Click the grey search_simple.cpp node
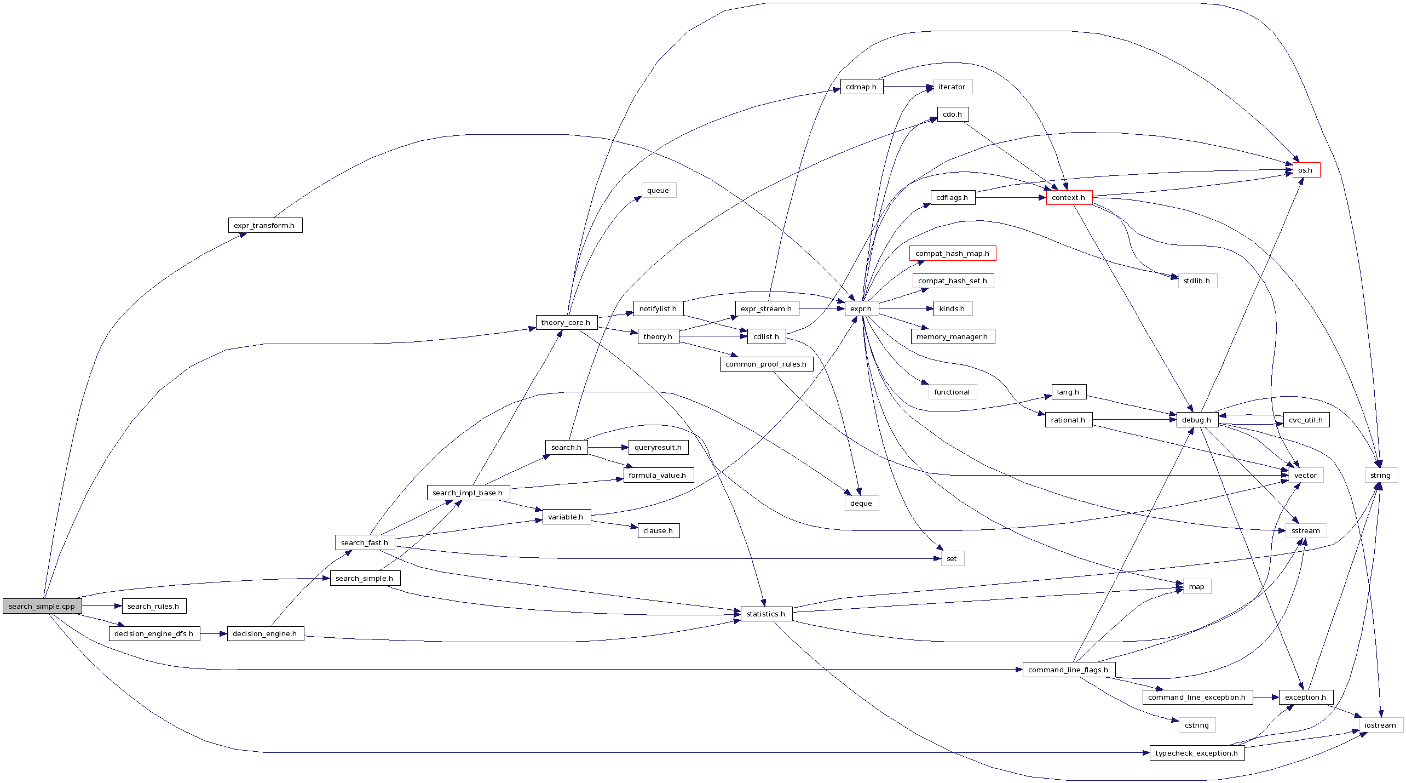pos(42,606)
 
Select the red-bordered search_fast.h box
pos(365,542)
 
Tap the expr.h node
pos(861,308)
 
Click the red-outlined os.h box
pos(1306,170)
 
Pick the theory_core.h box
pos(566,322)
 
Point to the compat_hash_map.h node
pos(952,253)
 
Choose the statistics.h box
pos(766,614)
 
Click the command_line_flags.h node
pos(1068,670)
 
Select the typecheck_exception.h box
pos(1197,753)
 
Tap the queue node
pos(658,190)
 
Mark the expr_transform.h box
pos(264,225)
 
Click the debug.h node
pos(1197,420)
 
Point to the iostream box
pos(1380,725)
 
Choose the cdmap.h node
pos(861,87)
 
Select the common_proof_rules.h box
pos(766,364)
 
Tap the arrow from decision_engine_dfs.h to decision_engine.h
pos(214,634)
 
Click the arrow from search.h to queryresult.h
pos(608,448)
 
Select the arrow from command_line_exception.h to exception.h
pos(1266,697)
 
